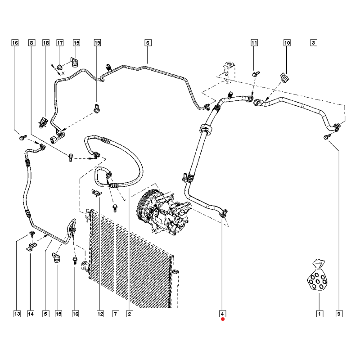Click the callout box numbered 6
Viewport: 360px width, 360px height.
tap(148, 43)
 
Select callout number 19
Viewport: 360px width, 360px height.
tap(97, 43)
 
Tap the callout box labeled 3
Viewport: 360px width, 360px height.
tap(314, 43)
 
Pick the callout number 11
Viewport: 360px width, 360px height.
tap(254, 43)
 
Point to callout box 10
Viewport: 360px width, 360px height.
tap(287, 43)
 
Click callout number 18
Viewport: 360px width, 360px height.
tap(46, 43)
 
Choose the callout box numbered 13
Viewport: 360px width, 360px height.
tap(17, 314)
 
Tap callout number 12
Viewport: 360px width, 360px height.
tap(100, 314)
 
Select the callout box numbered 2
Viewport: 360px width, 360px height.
tap(130, 314)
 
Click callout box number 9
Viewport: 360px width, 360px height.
tap(339, 314)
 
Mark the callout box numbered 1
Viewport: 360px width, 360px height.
tap(319, 314)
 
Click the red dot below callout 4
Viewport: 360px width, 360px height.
tap(223, 319)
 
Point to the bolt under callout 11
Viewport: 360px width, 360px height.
tap(256, 74)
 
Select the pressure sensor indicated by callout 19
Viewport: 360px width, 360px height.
tap(97, 108)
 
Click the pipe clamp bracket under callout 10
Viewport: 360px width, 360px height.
tap(285, 78)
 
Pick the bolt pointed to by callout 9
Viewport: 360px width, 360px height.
tap(327, 137)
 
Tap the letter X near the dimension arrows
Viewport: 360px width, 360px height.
tap(63, 73)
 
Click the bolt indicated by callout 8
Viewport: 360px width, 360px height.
tap(71, 157)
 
